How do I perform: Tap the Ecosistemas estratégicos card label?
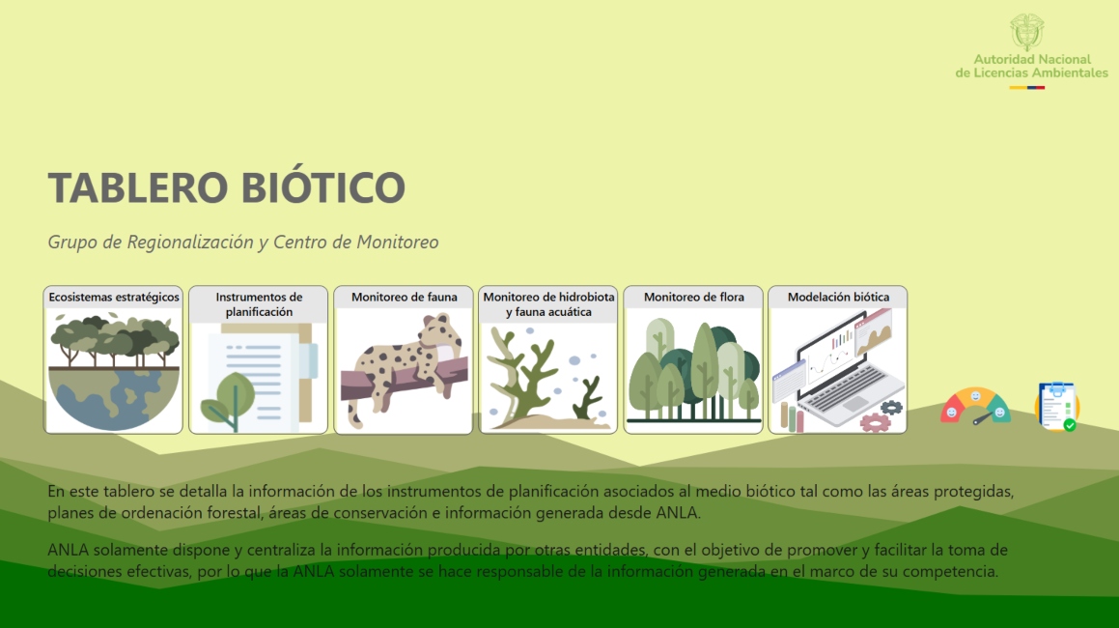[114, 298]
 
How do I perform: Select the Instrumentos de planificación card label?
[259, 304]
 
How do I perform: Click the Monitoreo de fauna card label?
[404, 298]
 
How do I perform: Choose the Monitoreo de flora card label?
[693, 298]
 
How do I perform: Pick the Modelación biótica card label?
[838, 298]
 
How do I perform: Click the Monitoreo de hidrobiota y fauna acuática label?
[548, 304]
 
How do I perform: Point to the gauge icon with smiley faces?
[975, 406]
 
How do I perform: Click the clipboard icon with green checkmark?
[1056, 406]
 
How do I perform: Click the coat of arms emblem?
[1026, 32]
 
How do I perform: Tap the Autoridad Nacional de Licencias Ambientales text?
[1031, 67]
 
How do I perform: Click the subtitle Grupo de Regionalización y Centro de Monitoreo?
[243, 243]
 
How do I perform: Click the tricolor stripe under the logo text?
[1026, 88]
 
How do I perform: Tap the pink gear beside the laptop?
[875, 422]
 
